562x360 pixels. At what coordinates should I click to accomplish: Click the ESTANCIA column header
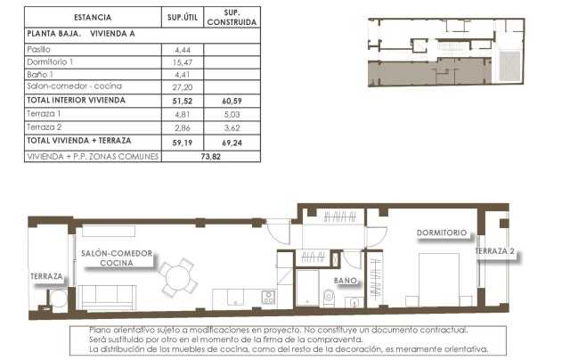tap(93, 17)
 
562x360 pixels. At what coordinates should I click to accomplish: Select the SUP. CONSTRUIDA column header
tap(232, 17)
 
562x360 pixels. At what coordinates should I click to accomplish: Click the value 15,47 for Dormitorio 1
tap(183, 61)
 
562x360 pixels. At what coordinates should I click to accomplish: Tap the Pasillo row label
tap(40, 49)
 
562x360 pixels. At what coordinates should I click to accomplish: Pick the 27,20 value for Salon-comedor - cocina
tap(183, 86)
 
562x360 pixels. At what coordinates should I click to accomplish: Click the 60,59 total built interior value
tap(232, 101)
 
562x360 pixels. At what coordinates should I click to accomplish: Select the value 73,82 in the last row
tap(210, 155)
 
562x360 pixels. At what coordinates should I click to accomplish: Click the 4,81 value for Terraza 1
tap(183, 114)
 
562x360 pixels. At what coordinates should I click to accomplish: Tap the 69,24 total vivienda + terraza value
tap(232, 141)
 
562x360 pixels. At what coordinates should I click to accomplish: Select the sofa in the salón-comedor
tap(108, 297)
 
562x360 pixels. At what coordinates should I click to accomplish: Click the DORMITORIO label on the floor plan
tap(441, 233)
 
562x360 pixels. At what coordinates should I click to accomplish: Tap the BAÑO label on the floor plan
tap(346, 280)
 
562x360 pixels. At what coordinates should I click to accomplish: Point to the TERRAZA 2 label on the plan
tap(495, 251)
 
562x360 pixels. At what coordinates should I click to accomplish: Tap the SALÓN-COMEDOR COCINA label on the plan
tap(117, 258)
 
